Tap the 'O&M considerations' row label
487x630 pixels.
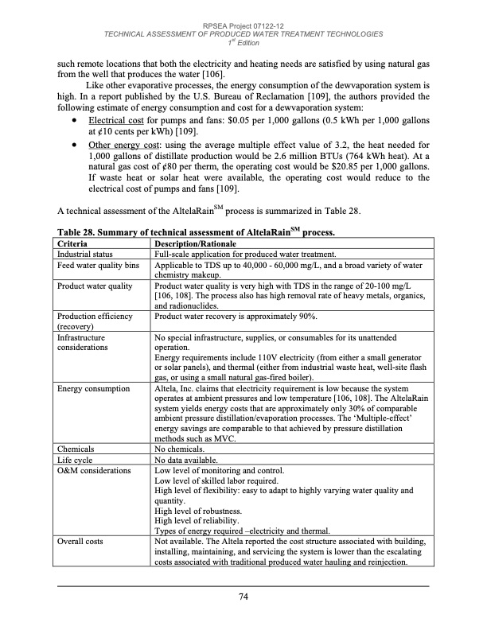pyautogui.click(x=95, y=471)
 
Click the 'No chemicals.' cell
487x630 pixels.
pyautogui.click(x=181, y=449)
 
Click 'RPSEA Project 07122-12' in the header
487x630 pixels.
pyautogui.click(x=243, y=25)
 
